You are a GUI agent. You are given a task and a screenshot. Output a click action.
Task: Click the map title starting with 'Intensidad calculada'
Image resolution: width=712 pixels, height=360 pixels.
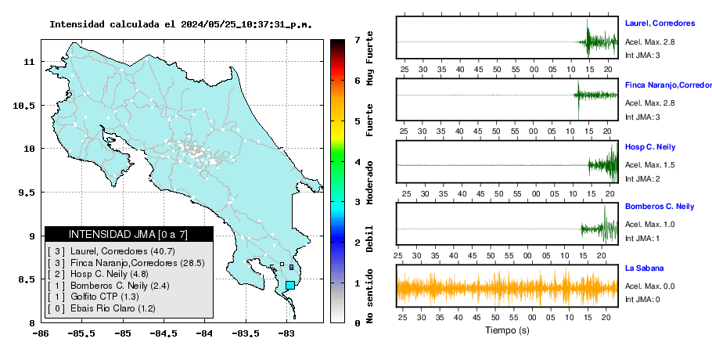(181, 24)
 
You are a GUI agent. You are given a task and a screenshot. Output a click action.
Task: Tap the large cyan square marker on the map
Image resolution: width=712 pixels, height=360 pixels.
(290, 285)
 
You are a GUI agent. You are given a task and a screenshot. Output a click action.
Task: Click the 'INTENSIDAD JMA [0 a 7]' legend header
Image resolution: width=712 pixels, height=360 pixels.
(128, 234)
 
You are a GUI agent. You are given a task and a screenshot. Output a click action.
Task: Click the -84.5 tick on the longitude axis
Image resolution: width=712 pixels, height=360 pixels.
(164, 334)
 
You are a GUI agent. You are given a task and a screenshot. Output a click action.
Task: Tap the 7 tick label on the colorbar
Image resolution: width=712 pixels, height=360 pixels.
(358, 40)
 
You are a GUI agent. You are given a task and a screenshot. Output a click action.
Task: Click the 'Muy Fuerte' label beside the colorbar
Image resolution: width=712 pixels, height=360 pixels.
(370, 58)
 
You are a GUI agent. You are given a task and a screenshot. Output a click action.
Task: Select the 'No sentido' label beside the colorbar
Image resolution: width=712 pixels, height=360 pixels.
(370, 296)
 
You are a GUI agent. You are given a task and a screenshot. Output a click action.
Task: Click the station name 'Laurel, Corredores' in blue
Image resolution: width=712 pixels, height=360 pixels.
(660, 23)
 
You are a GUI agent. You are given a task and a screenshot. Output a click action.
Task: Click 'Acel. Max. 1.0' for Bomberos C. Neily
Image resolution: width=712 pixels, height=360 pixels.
(649, 225)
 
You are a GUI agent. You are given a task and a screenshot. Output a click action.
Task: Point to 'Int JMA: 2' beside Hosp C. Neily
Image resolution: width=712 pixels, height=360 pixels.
(642, 179)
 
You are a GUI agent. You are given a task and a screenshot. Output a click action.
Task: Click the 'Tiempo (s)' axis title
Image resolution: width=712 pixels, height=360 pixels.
(507, 330)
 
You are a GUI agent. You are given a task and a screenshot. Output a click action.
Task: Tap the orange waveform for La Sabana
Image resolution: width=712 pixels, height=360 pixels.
(507, 288)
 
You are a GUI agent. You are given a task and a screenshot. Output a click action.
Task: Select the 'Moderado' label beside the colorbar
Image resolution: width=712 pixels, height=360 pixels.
(370, 182)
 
